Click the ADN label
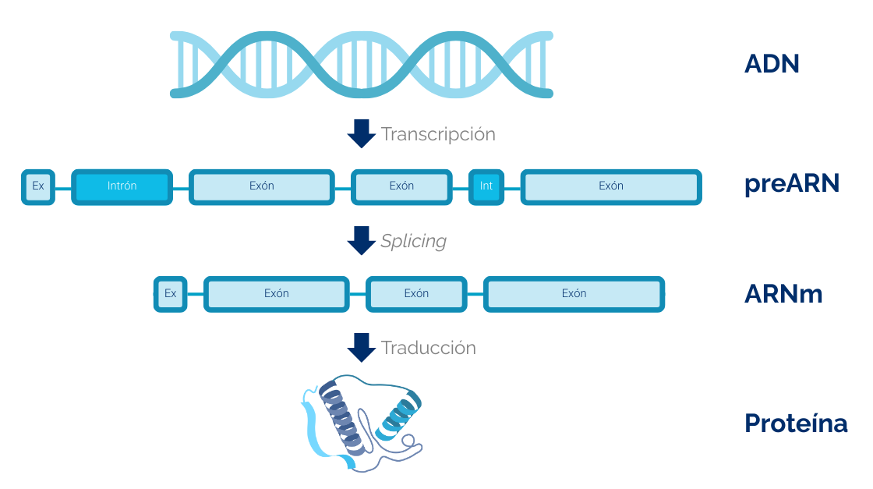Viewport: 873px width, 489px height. pos(772,64)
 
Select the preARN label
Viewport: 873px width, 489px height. pos(791,184)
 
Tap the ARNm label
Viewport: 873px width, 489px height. pos(783,294)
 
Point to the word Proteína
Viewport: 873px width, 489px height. pos(796,423)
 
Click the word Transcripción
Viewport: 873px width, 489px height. pos(438,134)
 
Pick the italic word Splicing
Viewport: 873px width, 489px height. pos(413,241)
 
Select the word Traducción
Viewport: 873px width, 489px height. pos(428,348)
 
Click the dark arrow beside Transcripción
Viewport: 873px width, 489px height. pos(361,133)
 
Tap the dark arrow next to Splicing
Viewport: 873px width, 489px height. pos(361,240)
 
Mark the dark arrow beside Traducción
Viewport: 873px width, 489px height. pos(361,347)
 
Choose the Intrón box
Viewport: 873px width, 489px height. pos(122,186)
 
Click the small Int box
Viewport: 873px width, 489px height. pos(486,186)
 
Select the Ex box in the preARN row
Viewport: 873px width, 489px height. pos(38,186)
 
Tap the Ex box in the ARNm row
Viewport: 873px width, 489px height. pos(171,294)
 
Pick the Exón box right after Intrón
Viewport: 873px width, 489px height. pos(262,186)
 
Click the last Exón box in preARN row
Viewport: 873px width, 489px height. pos(611,186)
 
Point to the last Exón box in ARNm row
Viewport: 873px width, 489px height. pos(574,294)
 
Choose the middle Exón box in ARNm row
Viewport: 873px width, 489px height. pos(416,294)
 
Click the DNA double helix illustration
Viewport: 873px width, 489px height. pos(362,64)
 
